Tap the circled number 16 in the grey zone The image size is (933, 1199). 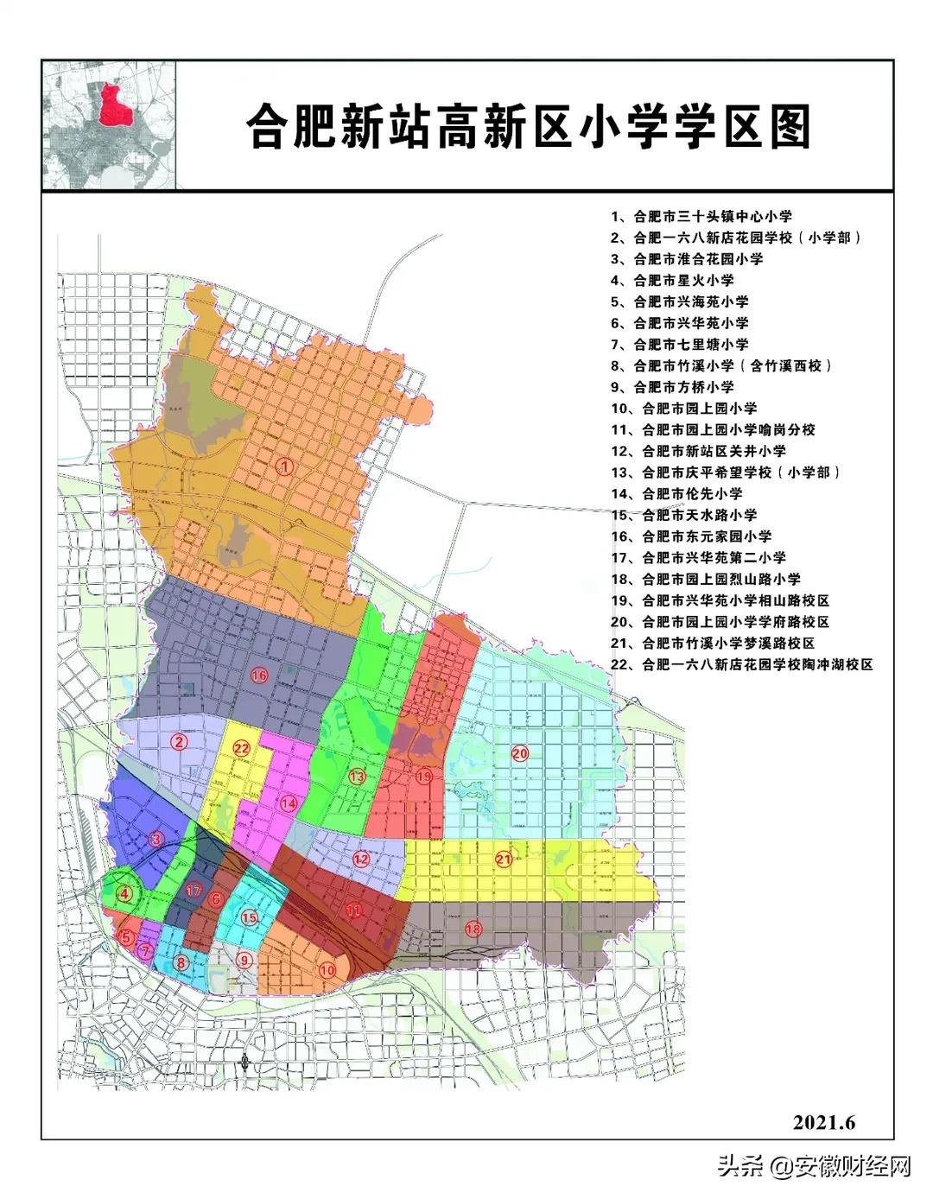pos(258,676)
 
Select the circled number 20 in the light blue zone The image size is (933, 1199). pos(519,753)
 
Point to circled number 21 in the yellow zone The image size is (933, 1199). pos(504,859)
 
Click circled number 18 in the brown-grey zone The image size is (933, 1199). pos(473,929)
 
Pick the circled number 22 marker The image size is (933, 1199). pos(241,748)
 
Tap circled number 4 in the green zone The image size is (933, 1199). pos(126,895)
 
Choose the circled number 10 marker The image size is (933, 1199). pos(327,970)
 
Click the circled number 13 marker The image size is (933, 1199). pos(357,777)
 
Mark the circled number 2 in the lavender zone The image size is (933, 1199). pos(179,740)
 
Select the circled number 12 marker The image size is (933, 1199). pos(360,859)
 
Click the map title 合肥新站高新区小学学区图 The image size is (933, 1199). pos(528,127)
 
